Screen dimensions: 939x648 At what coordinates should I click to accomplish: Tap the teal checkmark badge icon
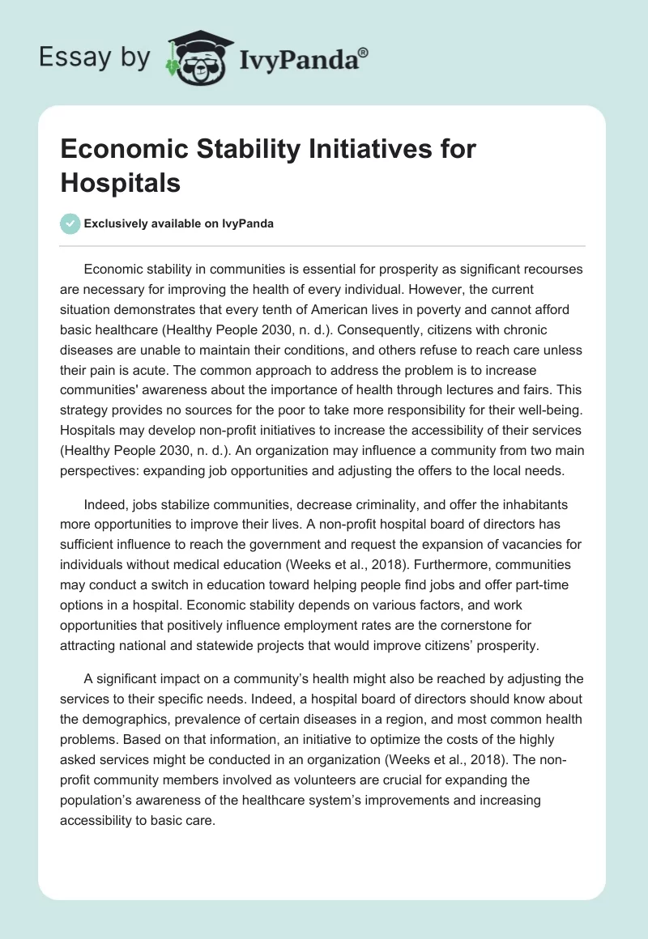(70, 223)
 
